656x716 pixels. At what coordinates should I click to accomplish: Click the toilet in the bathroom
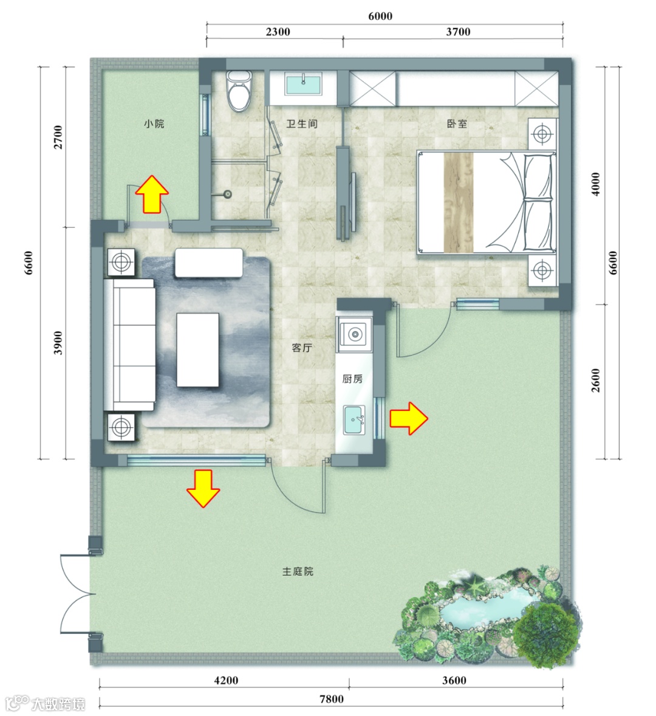pyautogui.click(x=239, y=91)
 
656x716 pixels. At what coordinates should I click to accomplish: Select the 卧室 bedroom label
pyautogui.click(x=457, y=124)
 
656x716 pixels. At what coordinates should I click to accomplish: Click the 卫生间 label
pyautogui.click(x=301, y=124)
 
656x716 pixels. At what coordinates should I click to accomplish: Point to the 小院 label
pyautogui.click(x=154, y=124)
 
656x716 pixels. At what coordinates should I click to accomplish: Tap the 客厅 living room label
pyautogui.click(x=302, y=348)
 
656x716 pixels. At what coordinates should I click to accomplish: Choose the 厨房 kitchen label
pyautogui.click(x=352, y=379)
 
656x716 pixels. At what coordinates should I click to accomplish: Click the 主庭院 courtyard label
pyautogui.click(x=298, y=571)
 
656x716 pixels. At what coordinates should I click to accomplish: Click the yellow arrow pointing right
pyautogui.click(x=408, y=418)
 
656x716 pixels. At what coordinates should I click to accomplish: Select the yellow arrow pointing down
pyautogui.click(x=203, y=489)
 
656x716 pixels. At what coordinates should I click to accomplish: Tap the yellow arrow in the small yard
pyautogui.click(x=152, y=194)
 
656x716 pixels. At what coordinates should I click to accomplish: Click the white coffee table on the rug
pyautogui.click(x=197, y=349)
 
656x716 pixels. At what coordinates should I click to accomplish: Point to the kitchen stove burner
pyautogui.click(x=355, y=334)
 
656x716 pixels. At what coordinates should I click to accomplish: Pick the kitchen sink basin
pyautogui.click(x=354, y=419)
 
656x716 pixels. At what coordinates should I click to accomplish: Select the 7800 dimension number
pyautogui.click(x=331, y=699)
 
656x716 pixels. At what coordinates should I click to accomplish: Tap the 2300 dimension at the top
pyautogui.click(x=278, y=32)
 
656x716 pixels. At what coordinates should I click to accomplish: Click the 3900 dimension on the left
pyautogui.click(x=58, y=343)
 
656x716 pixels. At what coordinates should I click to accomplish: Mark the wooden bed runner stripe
pyautogui.click(x=458, y=202)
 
